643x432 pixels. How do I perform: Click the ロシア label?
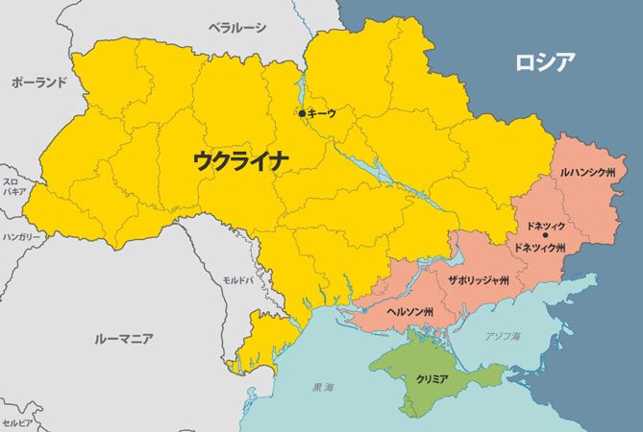click(x=545, y=63)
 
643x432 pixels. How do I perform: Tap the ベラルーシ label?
click(x=238, y=28)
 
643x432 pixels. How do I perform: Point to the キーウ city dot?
click(x=302, y=113)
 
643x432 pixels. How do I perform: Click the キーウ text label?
click(x=322, y=113)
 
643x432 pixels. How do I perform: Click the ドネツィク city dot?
click(x=545, y=235)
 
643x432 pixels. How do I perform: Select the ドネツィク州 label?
click(x=540, y=248)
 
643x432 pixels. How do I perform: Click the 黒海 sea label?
click(x=324, y=388)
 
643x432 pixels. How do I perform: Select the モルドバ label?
click(x=237, y=279)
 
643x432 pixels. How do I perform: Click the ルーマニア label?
click(x=125, y=339)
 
